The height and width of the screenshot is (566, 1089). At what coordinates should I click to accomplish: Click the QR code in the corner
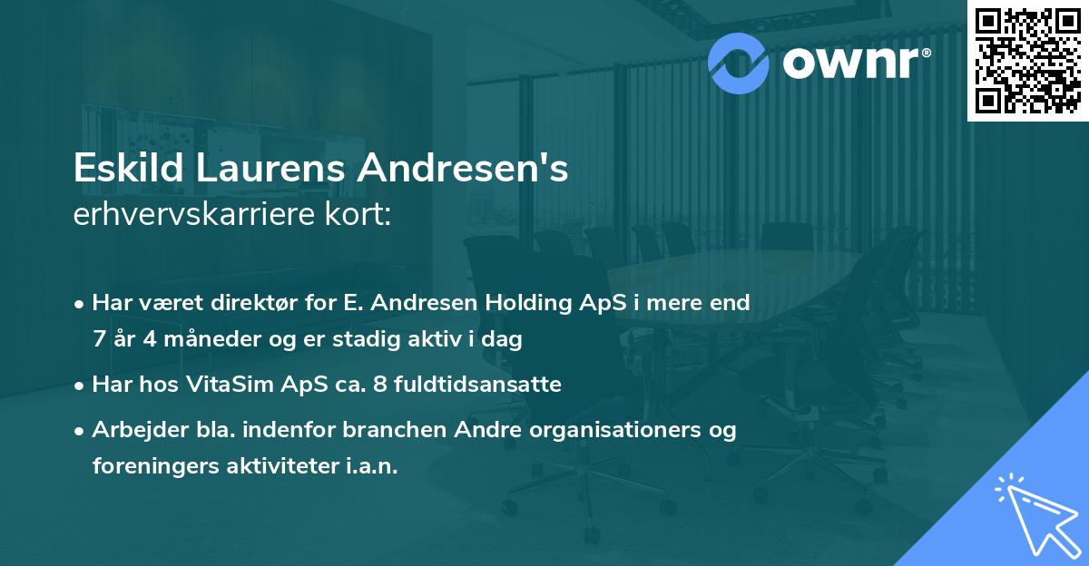click(1027, 60)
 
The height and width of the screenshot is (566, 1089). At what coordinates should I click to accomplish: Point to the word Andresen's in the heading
click(464, 170)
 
